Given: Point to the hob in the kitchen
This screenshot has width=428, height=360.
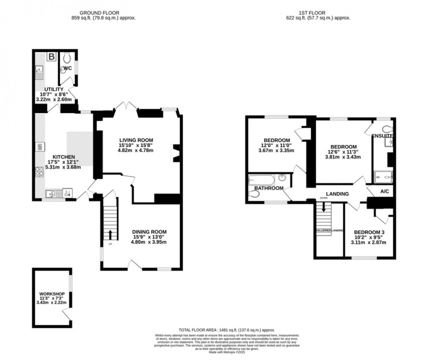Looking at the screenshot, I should (x=40, y=172).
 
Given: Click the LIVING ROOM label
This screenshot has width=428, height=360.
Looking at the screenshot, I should (x=136, y=140).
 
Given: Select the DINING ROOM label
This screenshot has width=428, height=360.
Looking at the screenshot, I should (x=149, y=231).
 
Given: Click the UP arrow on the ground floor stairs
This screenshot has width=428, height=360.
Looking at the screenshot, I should (x=111, y=234).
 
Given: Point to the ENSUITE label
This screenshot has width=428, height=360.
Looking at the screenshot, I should (x=382, y=136).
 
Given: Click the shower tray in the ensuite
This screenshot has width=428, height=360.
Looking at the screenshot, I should (x=383, y=177).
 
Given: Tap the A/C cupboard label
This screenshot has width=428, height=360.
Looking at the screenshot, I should (x=384, y=191).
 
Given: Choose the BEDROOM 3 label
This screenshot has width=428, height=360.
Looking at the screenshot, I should (x=369, y=232).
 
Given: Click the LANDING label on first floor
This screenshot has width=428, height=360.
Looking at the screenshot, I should (x=337, y=194).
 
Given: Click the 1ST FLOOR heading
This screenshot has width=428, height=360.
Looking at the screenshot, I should (x=322, y=13).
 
